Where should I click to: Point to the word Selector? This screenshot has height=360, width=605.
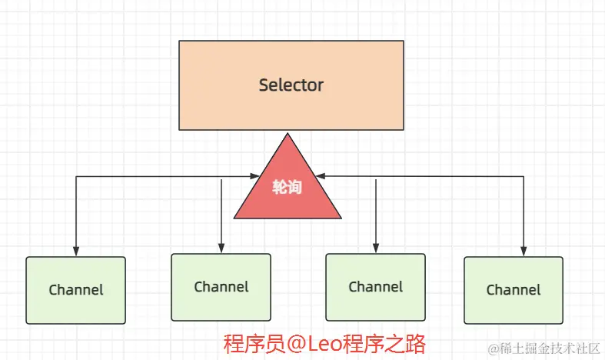[x=291, y=85]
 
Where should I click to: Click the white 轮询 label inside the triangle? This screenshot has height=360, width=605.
[x=287, y=187]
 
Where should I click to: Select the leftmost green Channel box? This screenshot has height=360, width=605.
[x=75, y=290]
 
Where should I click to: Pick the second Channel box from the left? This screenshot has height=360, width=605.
[x=221, y=287]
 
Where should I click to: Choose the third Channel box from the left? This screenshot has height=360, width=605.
[x=375, y=287]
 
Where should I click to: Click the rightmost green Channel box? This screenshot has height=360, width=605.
[x=513, y=290]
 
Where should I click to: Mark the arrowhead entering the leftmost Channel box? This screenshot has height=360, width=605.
[x=75, y=252]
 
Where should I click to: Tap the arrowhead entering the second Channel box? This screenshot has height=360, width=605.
[x=221, y=248]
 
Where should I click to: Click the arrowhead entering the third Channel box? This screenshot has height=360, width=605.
[x=375, y=248]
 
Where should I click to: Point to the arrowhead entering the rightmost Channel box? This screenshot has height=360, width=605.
[x=523, y=252]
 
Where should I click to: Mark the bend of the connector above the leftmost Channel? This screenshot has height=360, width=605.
[x=75, y=177]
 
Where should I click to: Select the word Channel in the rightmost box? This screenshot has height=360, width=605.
[x=513, y=290]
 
